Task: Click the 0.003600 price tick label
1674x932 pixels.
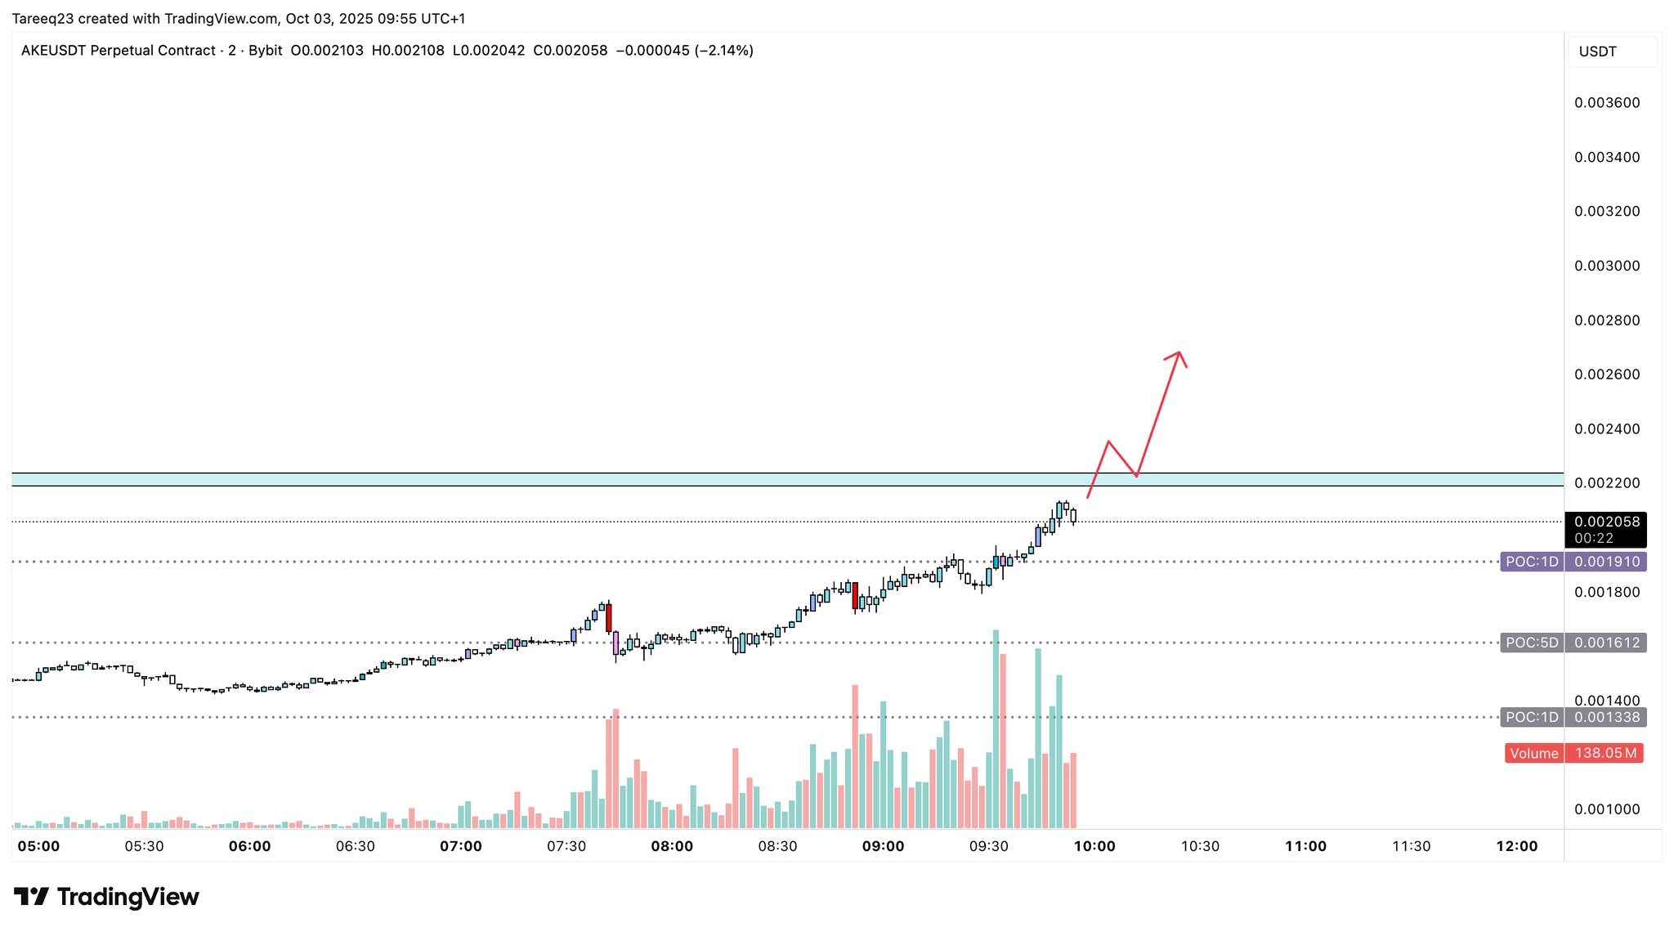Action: point(1607,103)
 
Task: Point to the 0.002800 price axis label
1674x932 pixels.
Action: point(1607,320)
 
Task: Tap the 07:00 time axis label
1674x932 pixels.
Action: point(461,846)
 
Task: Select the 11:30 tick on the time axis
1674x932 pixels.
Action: point(1411,846)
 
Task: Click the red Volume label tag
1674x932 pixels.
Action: point(1533,753)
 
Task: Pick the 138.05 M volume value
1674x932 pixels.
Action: point(1605,753)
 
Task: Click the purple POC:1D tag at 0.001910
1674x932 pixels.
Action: point(1532,562)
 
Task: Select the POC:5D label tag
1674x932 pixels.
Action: point(1532,643)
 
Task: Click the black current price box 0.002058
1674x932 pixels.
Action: point(1606,522)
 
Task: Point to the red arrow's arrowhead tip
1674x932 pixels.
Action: point(1179,352)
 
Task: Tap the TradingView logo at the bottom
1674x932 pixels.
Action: point(106,897)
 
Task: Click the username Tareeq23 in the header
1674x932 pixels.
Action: point(43,18)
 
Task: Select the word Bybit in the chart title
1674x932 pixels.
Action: point(266,51)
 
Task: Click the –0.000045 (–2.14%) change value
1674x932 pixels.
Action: point(683,51)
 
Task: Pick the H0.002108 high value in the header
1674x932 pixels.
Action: point(408,51)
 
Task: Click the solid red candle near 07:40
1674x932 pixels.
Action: point(609,617)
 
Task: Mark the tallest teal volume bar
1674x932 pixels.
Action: point(996,728)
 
